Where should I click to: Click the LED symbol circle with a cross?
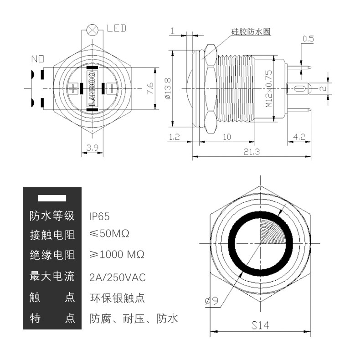[x=93, y=30]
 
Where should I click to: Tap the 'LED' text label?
[x=117, y=28]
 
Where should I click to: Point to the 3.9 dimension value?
[x=93, y=148]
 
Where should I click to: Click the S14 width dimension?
[x=260, y=325]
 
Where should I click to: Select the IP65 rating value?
[x=100, y=216]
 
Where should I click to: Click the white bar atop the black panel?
[x=52, y=198]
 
